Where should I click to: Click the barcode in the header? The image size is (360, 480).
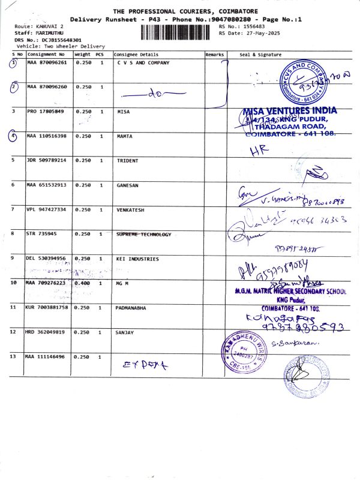pyautogui.click(x=178, y=32)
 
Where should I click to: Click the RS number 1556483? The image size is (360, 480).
pyautogui.click(x=251, y=27)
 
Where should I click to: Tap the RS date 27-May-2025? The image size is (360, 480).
pyautogui.click(x=258, y=34)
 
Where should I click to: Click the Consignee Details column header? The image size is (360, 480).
pyautogui.click(x=136, y=55)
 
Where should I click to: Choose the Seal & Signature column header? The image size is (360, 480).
pyautogui.click(x=260, y=55)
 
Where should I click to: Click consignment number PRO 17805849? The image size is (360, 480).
pyautogui.click(x=46, y=112)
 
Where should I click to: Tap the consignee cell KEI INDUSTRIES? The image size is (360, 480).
pyautogui.click(x=137, y=259)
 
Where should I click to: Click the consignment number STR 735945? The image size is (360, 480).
pyautogui.click(x=41, y=234)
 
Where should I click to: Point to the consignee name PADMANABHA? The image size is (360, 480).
pyautogui.click(x=134, y=307)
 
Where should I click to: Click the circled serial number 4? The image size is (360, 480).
pyautogui.click(x=14, y=136)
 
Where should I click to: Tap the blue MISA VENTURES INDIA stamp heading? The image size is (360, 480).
pyautogui.click(x=290, y=111)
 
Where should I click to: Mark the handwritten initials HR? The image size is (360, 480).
pyautogui.click(x=257, y=152)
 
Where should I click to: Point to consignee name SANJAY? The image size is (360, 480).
pyautogui.click(x=124, y=332)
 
